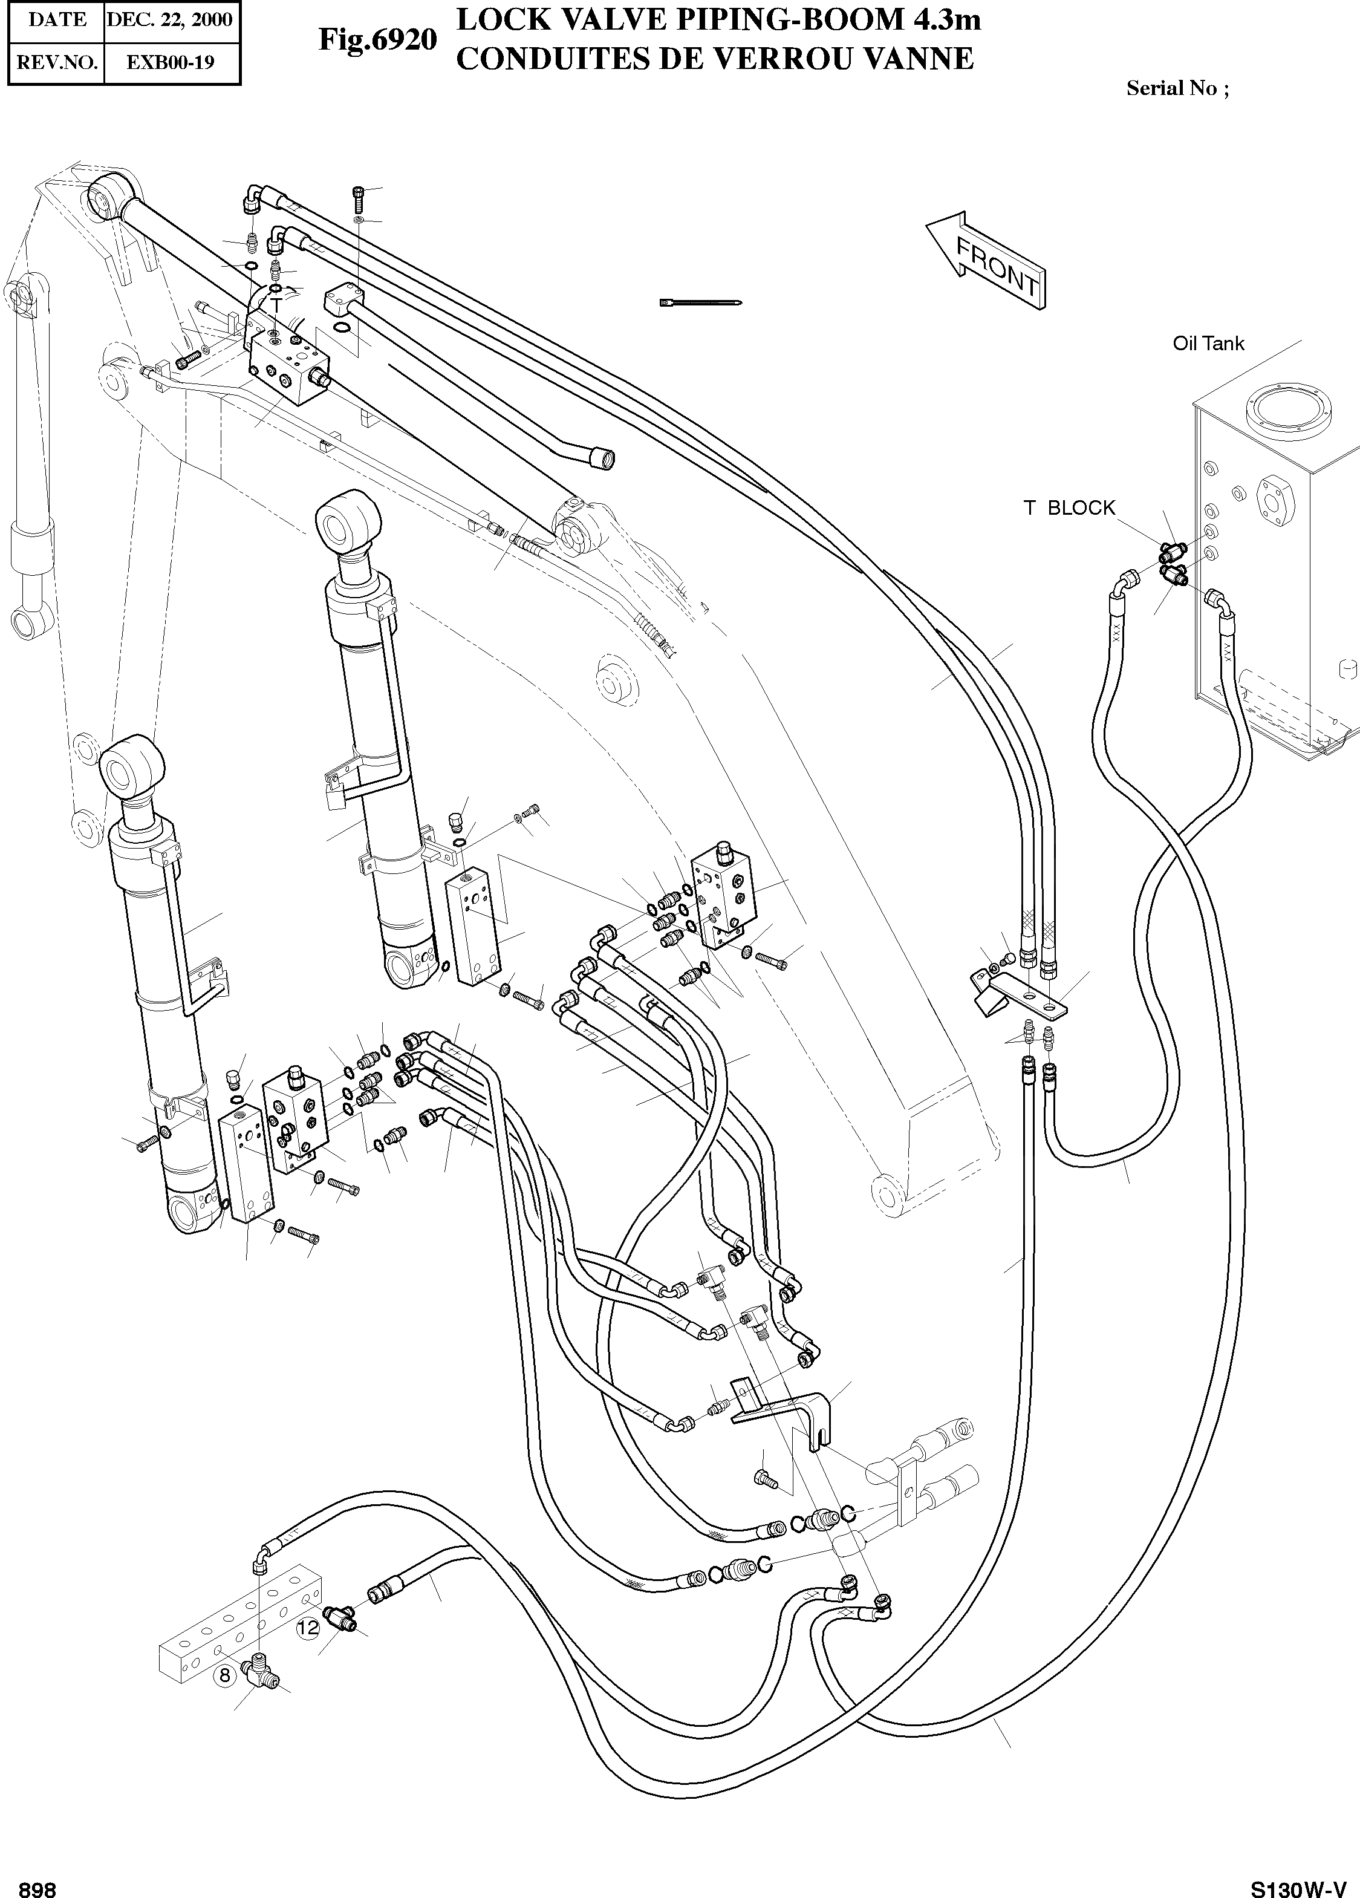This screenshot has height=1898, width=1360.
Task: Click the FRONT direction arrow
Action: point(987,258)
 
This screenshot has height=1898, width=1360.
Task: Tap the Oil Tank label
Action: point(1208,343)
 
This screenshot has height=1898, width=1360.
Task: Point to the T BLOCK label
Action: point(1070,508)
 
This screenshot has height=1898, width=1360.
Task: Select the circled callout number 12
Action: point(308,1628)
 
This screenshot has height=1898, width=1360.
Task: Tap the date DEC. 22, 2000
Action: point(170,19)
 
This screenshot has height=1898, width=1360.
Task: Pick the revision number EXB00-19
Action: point(170,62)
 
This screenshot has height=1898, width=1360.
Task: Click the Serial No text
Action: point(1177,88)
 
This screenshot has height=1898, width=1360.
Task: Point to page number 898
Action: point(37,1888)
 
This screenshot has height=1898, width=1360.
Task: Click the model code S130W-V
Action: point(1298,1888)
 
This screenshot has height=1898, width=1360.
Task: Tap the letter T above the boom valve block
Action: point(277,306)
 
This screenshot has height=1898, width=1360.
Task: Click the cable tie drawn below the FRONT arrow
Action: point(701,302)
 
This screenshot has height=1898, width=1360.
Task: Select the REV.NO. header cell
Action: point(56,62)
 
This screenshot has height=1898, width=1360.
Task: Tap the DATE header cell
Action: point(56,19)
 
